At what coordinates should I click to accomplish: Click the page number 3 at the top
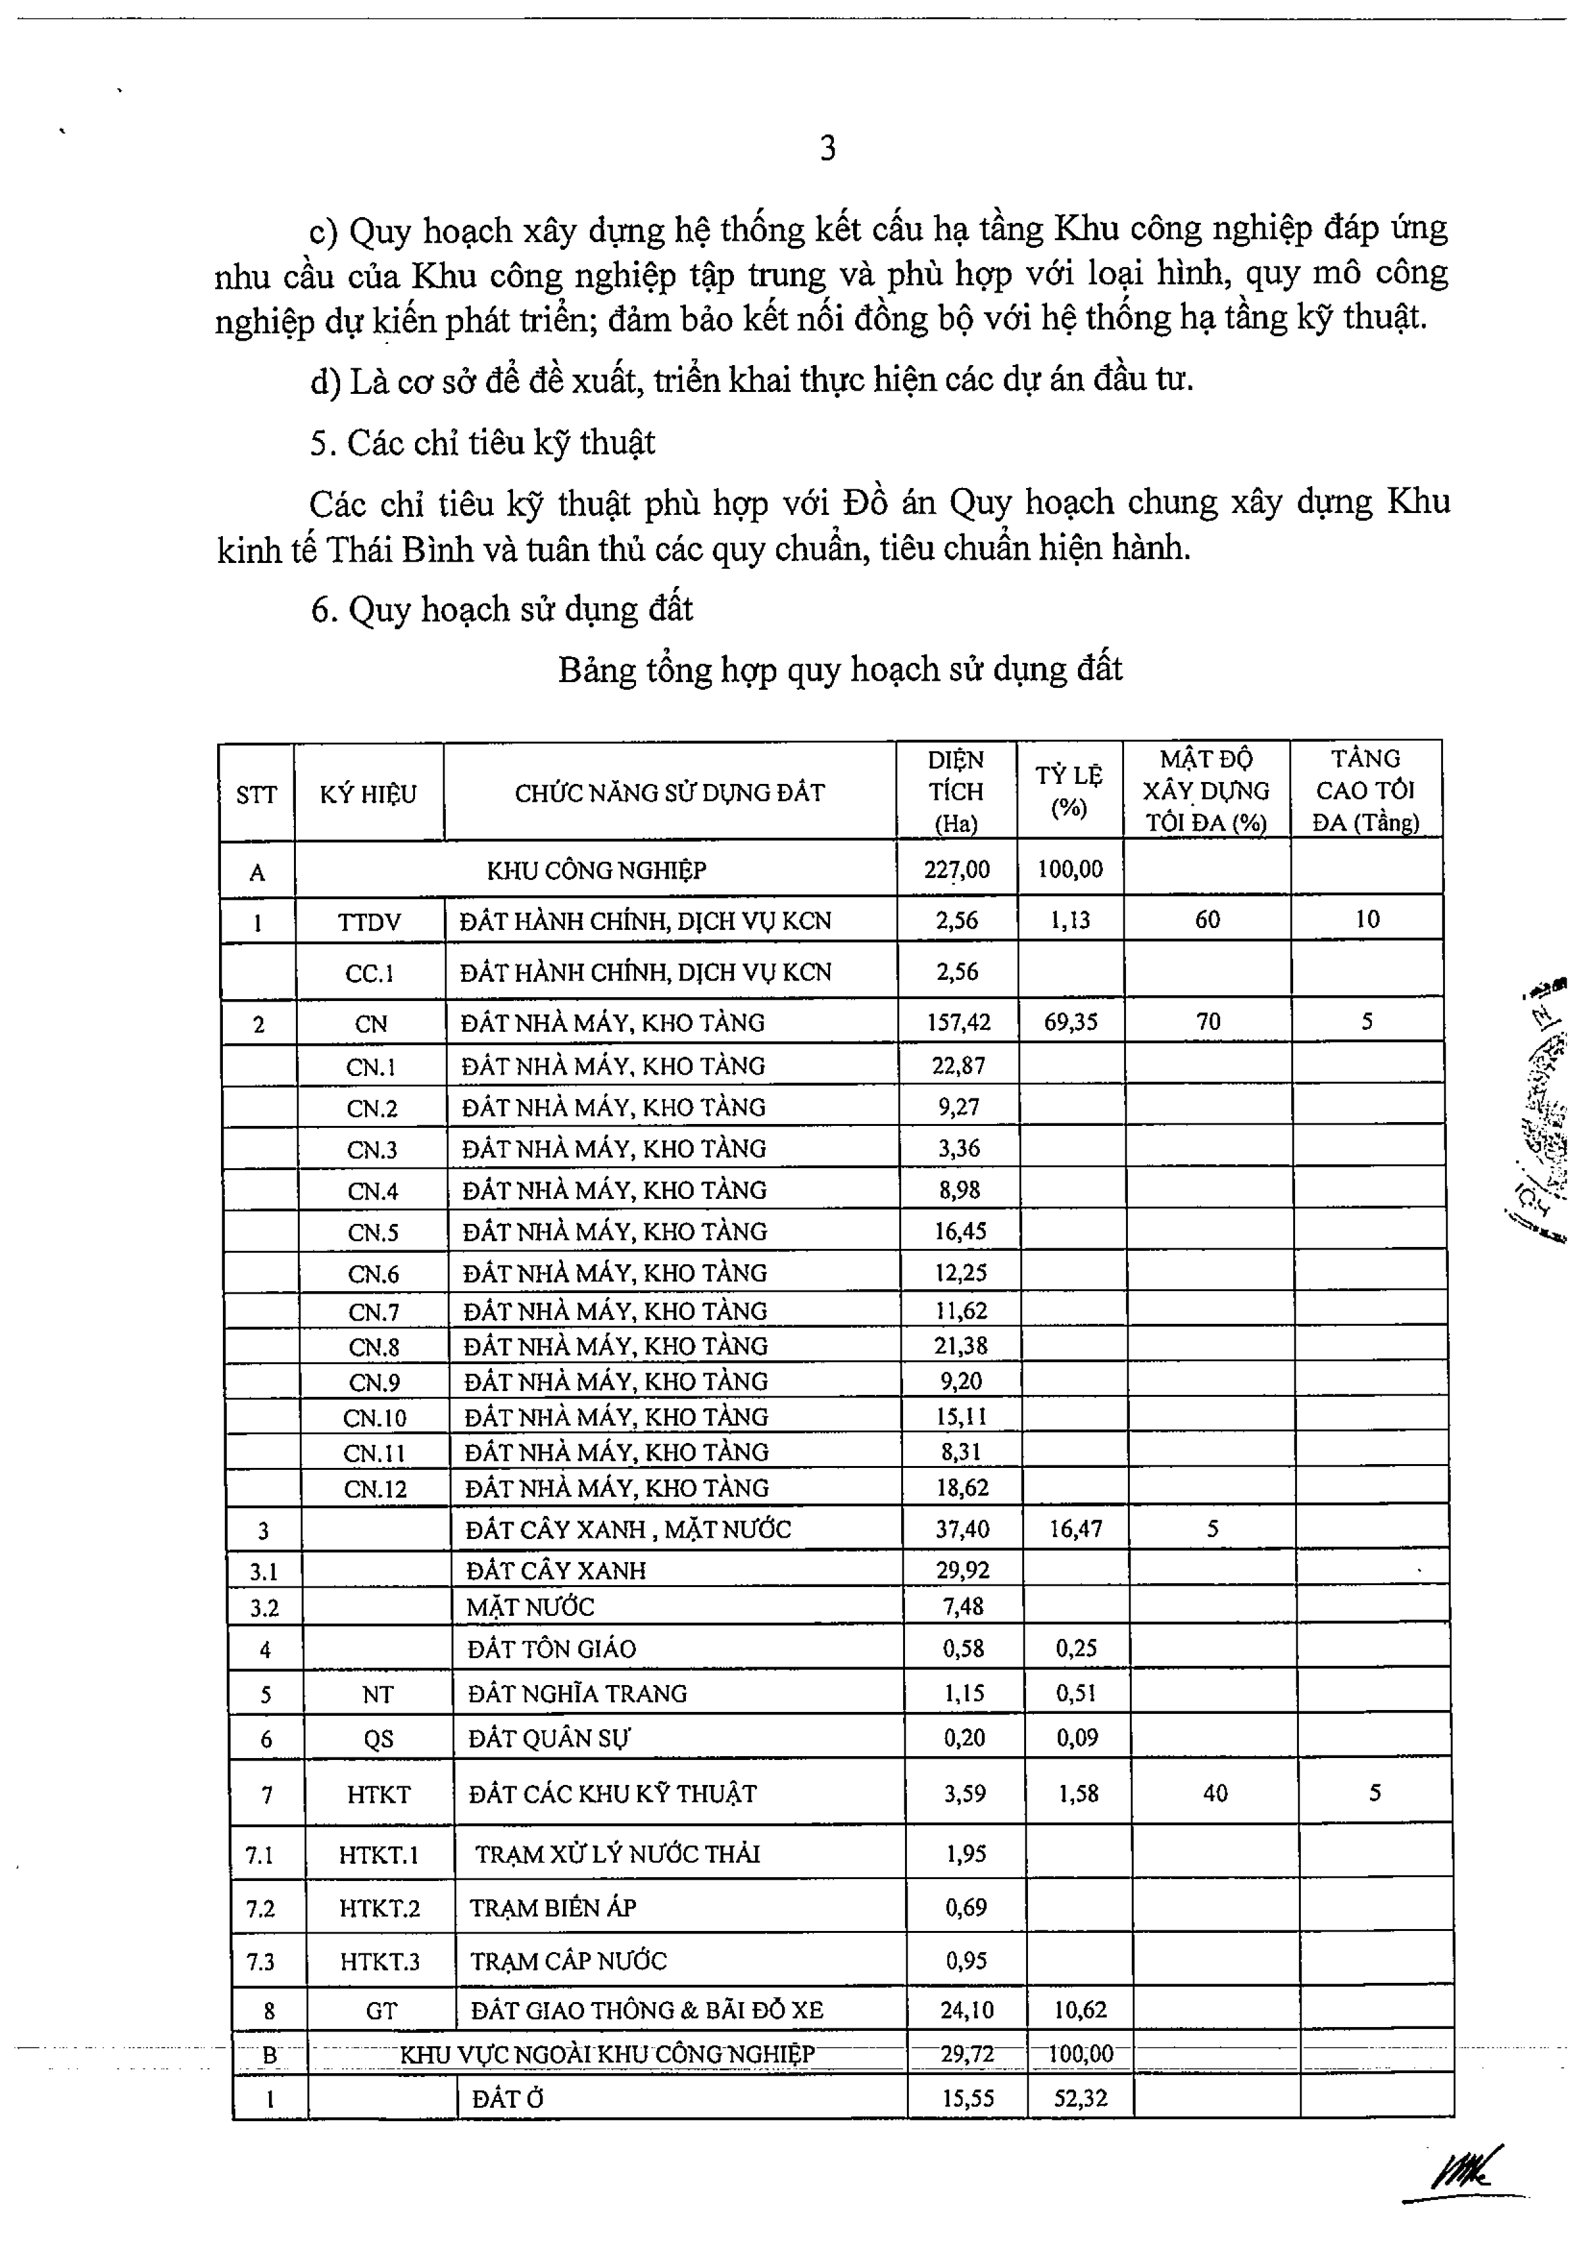(827, 149)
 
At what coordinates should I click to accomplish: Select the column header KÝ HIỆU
(368, 794)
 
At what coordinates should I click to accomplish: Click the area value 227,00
(956, 870)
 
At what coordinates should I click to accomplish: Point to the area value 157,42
(959, 1023)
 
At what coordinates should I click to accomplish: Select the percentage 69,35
(1070, 1022)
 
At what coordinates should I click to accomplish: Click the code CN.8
(374, 1348)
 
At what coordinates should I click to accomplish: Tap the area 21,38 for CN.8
(961, 1346)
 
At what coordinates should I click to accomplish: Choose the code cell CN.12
(375, 1489)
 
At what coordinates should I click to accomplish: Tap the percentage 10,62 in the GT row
(1080, 2010)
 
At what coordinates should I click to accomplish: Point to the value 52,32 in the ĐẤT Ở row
(1081, 2098)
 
